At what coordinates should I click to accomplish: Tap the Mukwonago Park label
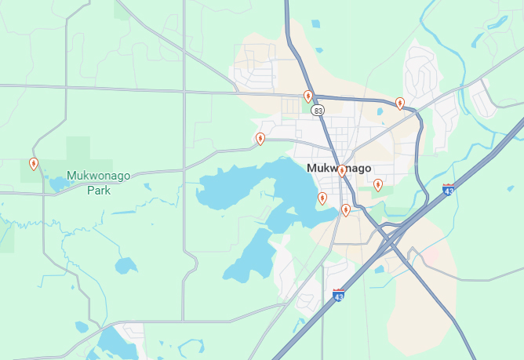(98, 182)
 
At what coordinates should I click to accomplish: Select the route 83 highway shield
(318, 111)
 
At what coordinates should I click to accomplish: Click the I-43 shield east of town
(448, 190)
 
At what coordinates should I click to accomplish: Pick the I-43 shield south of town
(339, 295)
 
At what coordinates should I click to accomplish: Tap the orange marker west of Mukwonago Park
(34, 164)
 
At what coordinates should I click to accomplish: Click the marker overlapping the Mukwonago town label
(342, 171)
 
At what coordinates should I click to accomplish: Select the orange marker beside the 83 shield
(308, 96)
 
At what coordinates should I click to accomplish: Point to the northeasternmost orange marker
(400, 103)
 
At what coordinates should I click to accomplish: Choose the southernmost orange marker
(346, 209)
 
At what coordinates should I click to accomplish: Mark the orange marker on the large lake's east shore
(322, 198)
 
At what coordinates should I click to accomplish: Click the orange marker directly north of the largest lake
(260, 139)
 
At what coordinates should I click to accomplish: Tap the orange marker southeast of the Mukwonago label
(378, 185)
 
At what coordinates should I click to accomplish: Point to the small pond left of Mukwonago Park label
(58, 184)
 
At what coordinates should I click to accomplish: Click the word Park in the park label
(98, 190)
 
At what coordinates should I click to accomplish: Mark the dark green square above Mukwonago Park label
(78, 149)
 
